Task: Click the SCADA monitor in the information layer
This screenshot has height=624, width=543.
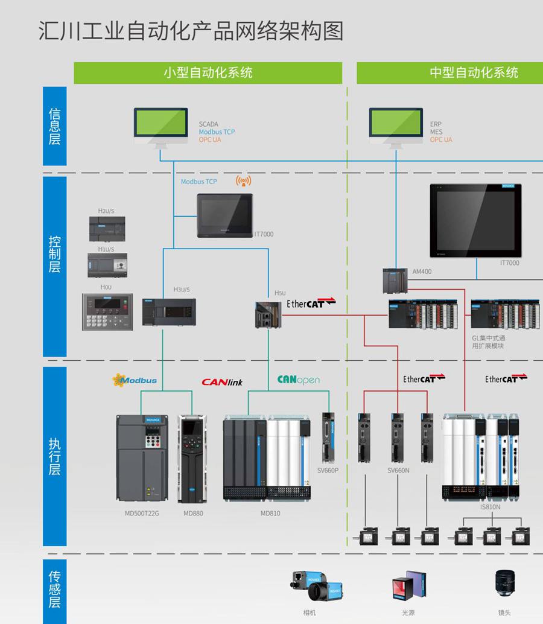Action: point(160,125)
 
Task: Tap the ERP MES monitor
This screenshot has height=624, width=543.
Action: point(396,125)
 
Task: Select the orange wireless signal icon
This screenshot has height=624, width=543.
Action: point(243,180)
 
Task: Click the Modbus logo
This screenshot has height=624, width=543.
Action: point(135,380)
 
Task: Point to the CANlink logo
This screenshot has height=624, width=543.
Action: point(222,382)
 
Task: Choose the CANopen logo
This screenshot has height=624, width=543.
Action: point(298,380)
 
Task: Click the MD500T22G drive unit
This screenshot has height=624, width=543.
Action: point(142,459)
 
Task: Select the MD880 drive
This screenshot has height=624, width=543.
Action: point(192,459)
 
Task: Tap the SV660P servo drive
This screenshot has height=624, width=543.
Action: point(328,438)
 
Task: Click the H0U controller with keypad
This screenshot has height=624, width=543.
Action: point(107,311)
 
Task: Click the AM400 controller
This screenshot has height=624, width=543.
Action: point(396,281)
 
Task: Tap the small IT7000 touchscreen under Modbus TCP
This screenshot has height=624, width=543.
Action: point(224,215)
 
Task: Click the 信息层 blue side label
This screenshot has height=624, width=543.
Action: point(54,126)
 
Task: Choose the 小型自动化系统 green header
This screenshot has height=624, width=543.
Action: point(208,73)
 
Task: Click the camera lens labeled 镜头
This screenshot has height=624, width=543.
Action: point(504,584)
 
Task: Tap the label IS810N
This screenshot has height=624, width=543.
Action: point(490,507)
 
